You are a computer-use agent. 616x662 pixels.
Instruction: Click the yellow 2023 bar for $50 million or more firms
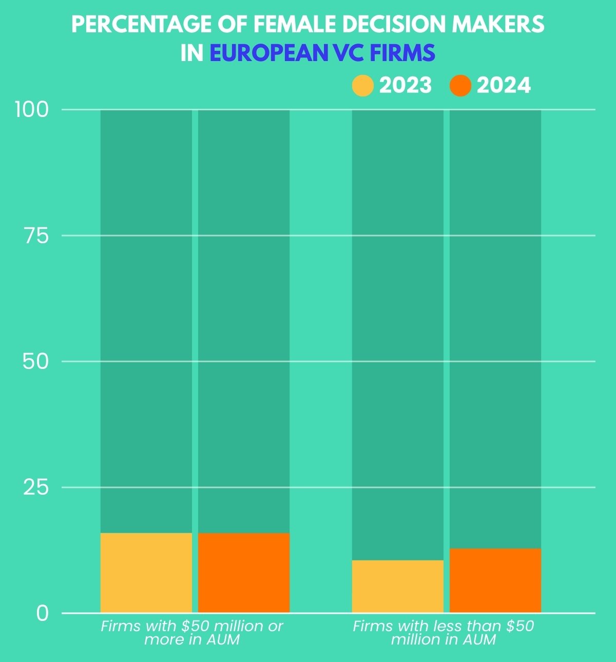pyautogui.click(x=146, y=573)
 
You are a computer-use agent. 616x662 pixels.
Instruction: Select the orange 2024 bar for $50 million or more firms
pyautogui.click(x=244, y=573)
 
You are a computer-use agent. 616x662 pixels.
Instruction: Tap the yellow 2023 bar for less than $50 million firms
pyautogui.click(x=397, y=586)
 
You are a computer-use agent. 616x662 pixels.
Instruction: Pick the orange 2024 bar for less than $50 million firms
pyautogui.click(x=495, y=580)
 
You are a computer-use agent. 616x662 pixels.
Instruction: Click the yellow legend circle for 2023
pyautogui.click(x=362, y=86)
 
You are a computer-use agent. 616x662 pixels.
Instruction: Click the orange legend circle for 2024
pyautogui.click(x=460, y=86)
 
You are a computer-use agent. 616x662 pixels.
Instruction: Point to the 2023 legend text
pyautogui.click(x=406, y=86)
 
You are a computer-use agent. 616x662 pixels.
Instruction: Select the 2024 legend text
pyautogui.click(x=504, y=86)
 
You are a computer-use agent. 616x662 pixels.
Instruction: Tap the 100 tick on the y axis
pyautogui.click(x=32, y=109)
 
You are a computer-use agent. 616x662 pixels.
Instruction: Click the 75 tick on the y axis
pyautogui.click(x=36, y=236)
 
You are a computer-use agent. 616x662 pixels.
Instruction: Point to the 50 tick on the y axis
pyautogui.click(x=35, y=361)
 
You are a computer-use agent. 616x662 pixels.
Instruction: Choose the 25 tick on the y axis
pyautogui.click(x=35, y=487)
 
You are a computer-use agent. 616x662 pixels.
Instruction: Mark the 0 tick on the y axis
pyautogui.click(x=42, y=613)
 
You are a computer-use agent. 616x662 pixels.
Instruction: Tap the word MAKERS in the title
pyautogui.click(x=503, y=24)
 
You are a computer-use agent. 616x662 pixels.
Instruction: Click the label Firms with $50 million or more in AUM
pyautogui.click(x=192, y=633)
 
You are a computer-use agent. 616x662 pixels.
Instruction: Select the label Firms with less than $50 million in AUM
pyautogui.click(x=444, y=633)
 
